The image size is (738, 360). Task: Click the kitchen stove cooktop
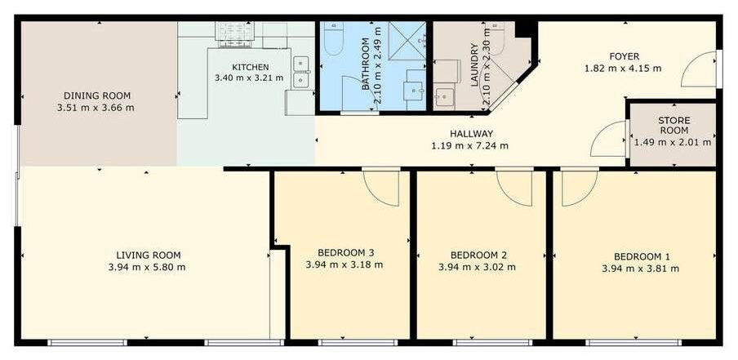234,34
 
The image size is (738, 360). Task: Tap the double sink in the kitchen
300,72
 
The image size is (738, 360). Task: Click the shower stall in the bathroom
407,41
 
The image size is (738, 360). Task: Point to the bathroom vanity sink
413,91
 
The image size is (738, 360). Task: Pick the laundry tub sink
444,97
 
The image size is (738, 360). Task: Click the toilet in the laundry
496,38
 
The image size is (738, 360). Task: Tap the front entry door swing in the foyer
698,69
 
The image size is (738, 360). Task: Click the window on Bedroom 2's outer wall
493,343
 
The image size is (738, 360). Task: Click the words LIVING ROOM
149,255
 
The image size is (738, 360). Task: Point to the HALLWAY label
469,134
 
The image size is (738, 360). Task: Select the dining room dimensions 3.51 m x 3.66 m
96,107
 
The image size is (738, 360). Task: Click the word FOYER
624,56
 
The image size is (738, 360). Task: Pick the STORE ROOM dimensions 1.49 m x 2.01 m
673,142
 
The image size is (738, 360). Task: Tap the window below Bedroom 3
358,343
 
